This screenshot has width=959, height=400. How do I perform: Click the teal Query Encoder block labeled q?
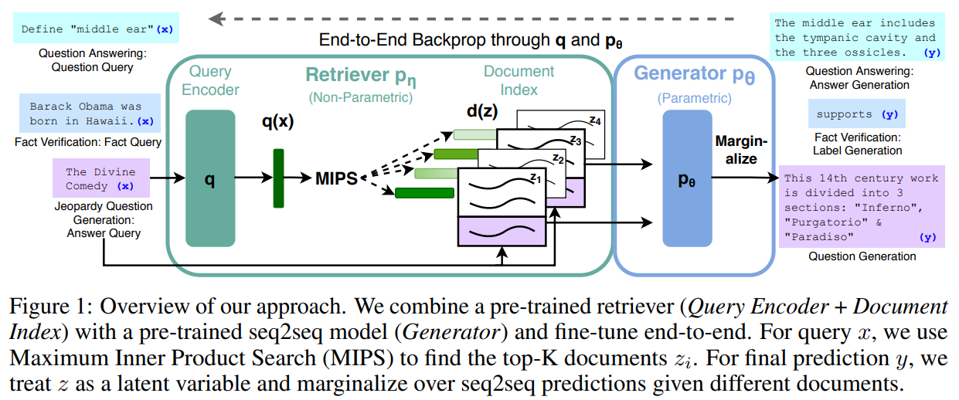[210, 178]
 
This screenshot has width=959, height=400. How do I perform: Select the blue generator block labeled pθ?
[687, 178]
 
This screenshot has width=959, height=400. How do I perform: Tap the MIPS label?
[336, 178]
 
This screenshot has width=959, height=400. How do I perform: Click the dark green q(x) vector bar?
[278, 178]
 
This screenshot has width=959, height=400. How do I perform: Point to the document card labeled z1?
[502, 207]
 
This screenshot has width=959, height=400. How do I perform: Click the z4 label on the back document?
[595, 120]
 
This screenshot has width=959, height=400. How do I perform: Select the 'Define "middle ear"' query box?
[97, 29]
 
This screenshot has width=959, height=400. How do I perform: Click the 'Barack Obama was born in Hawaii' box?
[90, 114]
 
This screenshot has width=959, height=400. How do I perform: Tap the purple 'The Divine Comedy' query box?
[101, 178]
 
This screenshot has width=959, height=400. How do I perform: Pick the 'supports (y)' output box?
[857, 114]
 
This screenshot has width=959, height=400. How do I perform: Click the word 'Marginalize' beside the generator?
[741, 150]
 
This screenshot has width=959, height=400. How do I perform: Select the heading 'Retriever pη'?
[360, 76]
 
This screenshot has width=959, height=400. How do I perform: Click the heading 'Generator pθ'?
[694, 74]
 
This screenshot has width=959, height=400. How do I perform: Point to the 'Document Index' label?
[519, 80]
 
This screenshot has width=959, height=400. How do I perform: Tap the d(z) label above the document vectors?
[482, 110]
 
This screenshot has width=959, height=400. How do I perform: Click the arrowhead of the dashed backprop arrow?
[216, 19]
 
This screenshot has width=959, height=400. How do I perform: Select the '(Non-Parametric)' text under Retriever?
[360, 97]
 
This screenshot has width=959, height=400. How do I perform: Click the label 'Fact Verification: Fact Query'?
[88, 142]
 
